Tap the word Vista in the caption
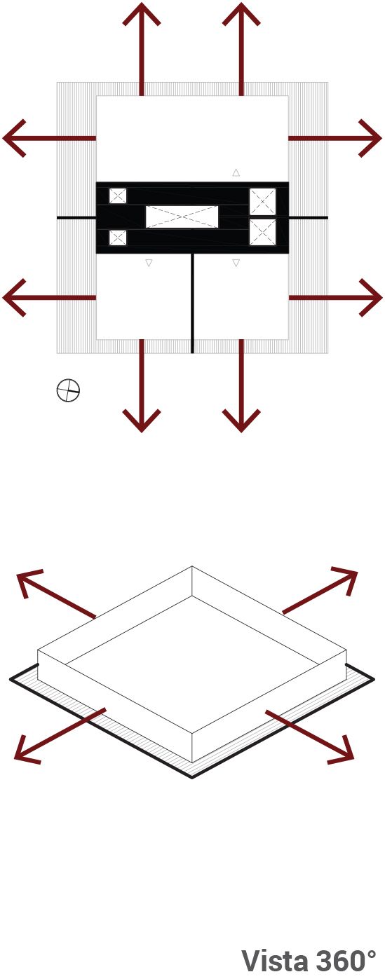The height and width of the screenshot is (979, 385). click(275, 961)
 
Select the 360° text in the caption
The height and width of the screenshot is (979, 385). click(346, 961)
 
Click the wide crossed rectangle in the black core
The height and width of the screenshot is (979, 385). click(182, 217)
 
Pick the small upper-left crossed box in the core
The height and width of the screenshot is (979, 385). click(117, 196)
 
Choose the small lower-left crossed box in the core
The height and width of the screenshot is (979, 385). click(117, 238)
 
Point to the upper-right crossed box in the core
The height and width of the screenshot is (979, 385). click(262, 202)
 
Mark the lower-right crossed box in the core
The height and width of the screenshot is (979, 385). click(262, 232)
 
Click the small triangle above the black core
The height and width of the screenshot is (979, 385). click(236, 172)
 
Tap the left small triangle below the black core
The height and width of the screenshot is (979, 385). click(149, 263)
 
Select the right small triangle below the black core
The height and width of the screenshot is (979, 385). click(236, 263)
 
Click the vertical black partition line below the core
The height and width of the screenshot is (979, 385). click(192, 303)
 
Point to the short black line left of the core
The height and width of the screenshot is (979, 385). click(76, 217)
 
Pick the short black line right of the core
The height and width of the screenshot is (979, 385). click(309, 217)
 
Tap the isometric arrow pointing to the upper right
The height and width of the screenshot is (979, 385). click(320, 591)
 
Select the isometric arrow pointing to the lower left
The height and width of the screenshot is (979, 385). click(60, 736)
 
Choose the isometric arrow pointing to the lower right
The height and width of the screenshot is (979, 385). click(309, 737)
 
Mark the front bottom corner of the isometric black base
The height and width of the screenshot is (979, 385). click(192, 777)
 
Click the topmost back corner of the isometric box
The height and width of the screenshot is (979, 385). click(192, 566)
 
